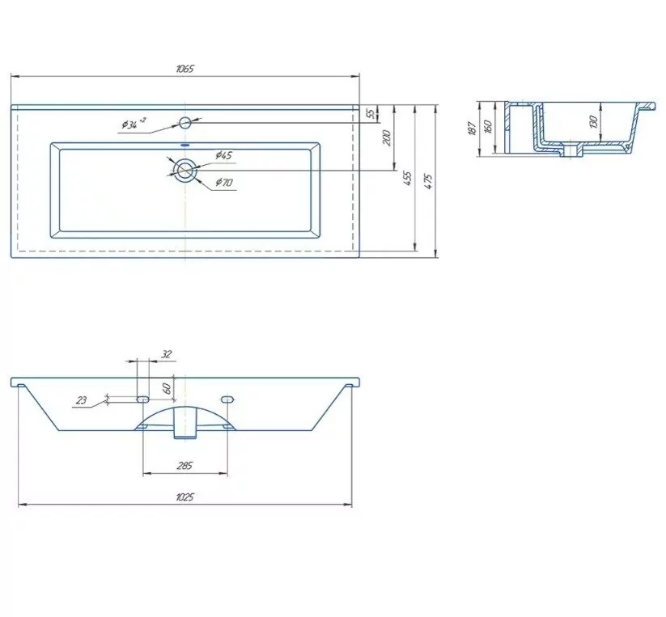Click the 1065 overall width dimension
click(x=185, y=69)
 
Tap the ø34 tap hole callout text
click(x=134, y=124)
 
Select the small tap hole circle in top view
click(x=185, y=123)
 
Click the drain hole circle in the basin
click(x=185, y=170)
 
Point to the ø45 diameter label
click(x=223, y=155)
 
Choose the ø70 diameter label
click(x=224, y=183)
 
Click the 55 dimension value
click(x=371, y=114)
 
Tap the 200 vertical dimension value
click(x=387, y=137)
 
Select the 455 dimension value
click(x=407, y=179)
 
